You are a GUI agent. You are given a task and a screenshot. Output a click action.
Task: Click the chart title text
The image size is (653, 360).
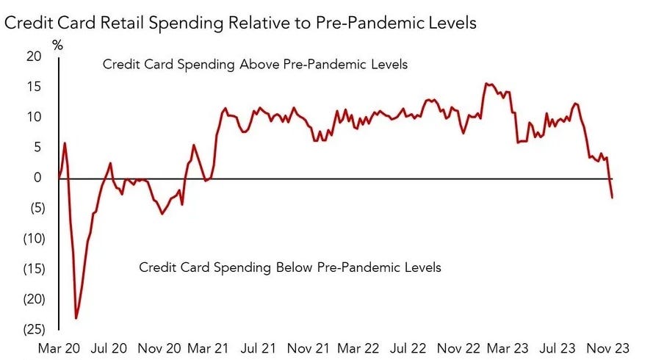coord(241,23)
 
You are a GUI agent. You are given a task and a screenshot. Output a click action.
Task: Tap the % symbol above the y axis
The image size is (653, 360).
coord(58,46)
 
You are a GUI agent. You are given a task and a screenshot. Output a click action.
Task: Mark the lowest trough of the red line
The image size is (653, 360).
coord(76,318)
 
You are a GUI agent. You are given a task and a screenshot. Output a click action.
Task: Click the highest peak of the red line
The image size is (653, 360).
coord(486,83)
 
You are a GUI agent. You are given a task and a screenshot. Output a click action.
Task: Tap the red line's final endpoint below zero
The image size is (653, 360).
coord(613,197)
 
